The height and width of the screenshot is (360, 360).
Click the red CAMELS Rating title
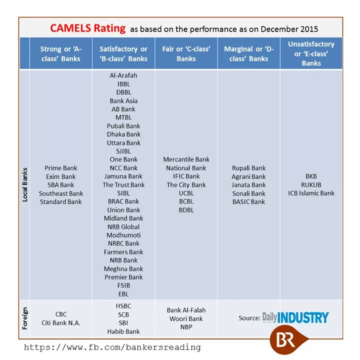(x=87, y=28)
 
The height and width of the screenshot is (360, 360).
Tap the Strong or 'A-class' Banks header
(x=61, y=53)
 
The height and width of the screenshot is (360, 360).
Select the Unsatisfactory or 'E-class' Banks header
(x=311, y=53)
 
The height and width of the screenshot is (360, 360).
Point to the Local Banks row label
(x=25, y=185)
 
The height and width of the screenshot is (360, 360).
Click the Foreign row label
(x=25, y=318)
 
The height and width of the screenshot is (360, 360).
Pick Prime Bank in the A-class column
(x=61, y=168)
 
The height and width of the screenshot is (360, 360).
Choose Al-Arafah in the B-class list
(x=123, y=75)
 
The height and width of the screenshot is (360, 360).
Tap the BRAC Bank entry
(x=123, y=201)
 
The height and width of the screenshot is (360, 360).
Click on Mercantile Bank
(x=186, y=159)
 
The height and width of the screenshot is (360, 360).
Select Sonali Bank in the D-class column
(x=248, y=193)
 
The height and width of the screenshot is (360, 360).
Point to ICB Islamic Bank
(x=311, y=193)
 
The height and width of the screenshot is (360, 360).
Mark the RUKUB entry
(x=311, y=185)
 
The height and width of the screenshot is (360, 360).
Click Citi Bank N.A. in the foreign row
(x=61, y=323)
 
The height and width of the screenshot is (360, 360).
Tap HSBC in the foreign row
(x=123, y=306)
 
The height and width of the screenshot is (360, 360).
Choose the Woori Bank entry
(x=186, y=318)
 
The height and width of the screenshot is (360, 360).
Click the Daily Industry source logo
(x=295, y=317)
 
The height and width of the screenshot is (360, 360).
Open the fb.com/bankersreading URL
(x=112, y=347)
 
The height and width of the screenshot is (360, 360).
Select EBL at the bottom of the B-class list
(x=123, y=294)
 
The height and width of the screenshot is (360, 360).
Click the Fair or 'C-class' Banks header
(x=186, y=53)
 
